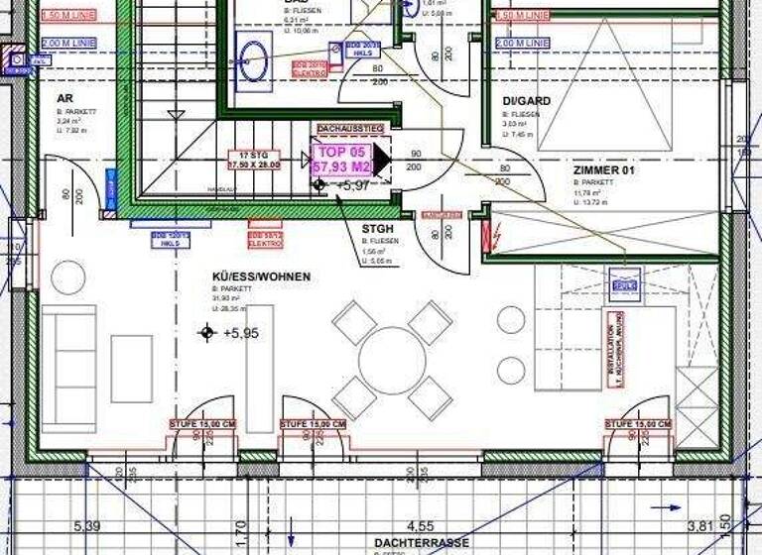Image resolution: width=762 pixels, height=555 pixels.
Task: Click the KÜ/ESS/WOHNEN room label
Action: (x=261, y=277)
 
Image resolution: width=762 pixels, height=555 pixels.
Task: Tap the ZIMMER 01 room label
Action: (x=603, y=170)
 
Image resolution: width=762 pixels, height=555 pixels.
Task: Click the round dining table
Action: (x=393, y=358)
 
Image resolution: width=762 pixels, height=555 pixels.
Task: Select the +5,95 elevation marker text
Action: (x=241, y=333)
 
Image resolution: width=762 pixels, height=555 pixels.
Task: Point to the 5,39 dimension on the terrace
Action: (x=86, y=526)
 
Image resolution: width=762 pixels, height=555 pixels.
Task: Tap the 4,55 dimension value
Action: (x=417, y=526)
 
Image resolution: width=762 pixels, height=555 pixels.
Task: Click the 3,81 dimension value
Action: (x=700, y=526)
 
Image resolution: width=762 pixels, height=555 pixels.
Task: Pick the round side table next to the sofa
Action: (x=68, y=277)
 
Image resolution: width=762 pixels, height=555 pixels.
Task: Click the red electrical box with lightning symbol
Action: (x=486, y=237)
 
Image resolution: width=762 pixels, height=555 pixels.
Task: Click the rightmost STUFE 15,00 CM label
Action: (x=637, y=424)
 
